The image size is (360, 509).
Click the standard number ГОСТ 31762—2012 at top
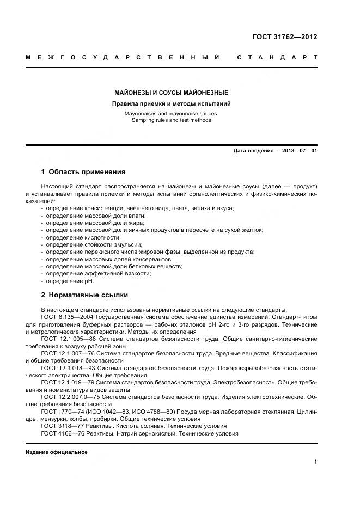(284, 37)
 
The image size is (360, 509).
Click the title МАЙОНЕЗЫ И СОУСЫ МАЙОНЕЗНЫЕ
(171, 93)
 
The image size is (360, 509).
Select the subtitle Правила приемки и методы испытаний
(171, 103)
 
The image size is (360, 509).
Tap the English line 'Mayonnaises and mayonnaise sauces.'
(171, 114)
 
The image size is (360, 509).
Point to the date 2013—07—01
(298, 150)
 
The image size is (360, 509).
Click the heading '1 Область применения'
(83, 171)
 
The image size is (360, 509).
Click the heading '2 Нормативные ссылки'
(84, 295)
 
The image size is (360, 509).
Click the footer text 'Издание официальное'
(56, 452)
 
